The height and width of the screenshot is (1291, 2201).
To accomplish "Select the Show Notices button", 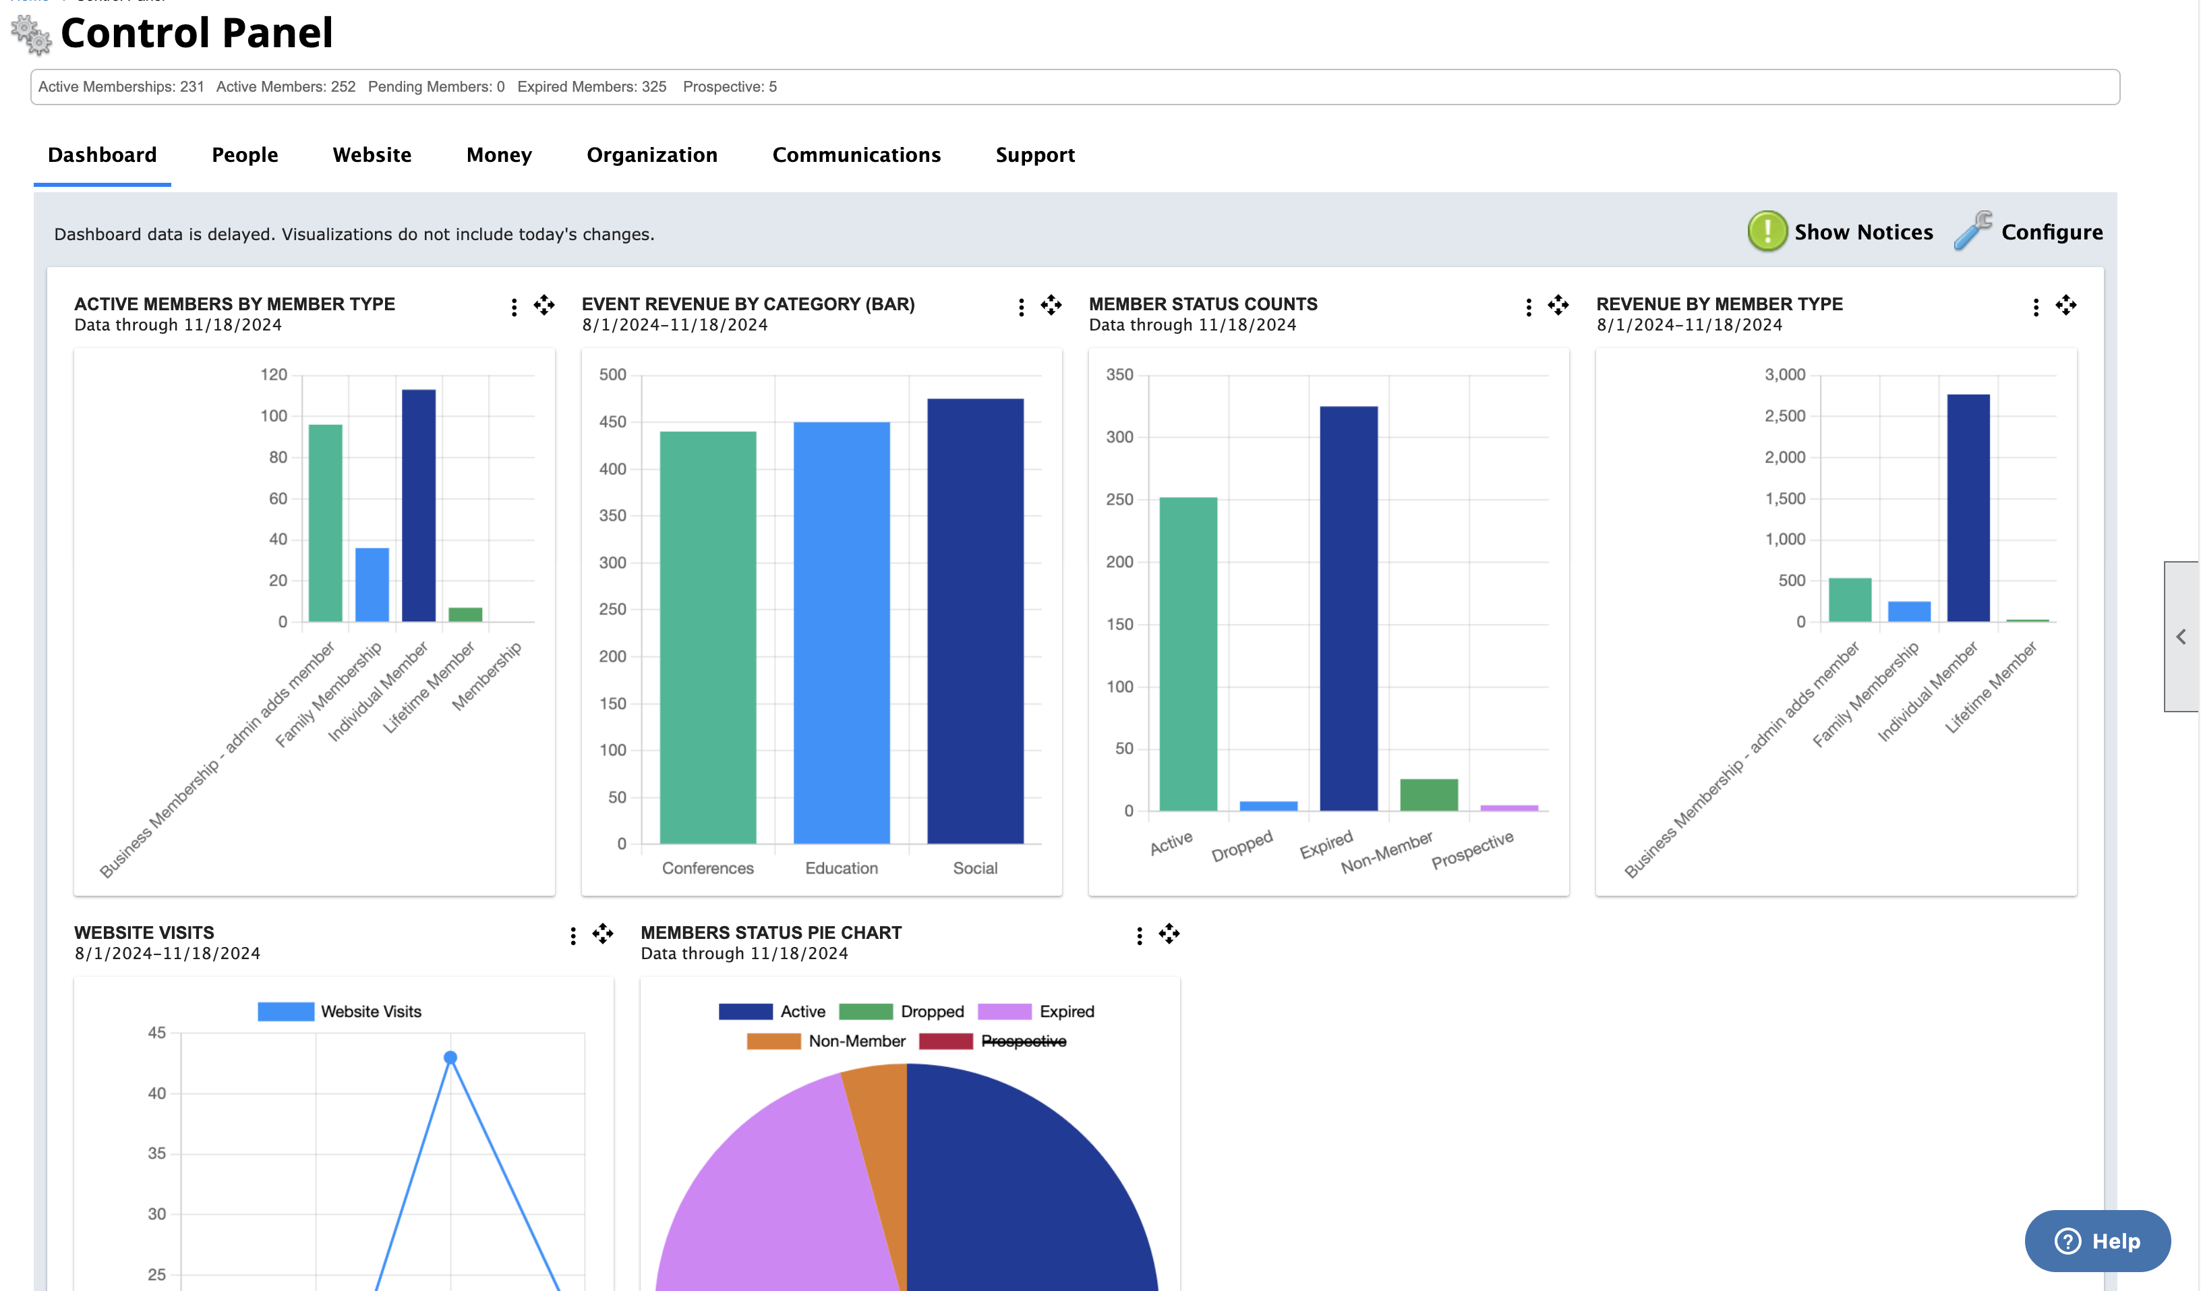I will click(x=1841, y=231).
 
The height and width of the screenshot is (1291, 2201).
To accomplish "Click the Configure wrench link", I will click(x=2028, y=231).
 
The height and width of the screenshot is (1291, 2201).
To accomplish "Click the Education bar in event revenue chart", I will click(x=841, y=633).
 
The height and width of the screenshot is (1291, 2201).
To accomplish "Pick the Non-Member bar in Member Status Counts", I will click(x=1428, y=794).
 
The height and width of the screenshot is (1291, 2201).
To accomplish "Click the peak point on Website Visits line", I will click(x=450, y=1058).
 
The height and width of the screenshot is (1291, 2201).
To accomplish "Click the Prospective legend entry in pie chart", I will click(x=1023, y=1041).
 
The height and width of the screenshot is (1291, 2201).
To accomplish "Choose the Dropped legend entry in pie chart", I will click(x=931, y=1012).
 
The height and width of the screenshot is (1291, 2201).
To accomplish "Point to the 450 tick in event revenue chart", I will click(x=612, y=422).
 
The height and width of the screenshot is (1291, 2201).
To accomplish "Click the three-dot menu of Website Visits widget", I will click(x=573, y=936).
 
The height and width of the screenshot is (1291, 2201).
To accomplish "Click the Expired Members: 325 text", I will click(x=591, y=86).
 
